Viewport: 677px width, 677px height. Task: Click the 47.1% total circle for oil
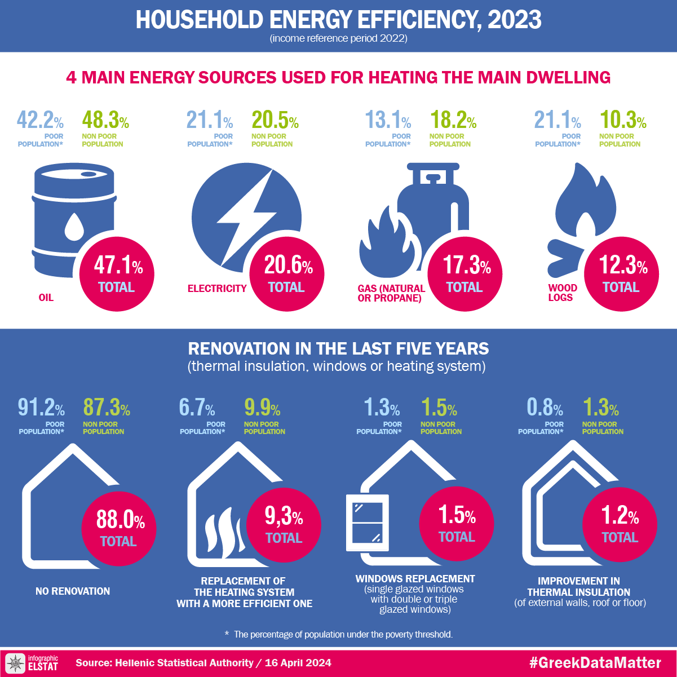[117, 273]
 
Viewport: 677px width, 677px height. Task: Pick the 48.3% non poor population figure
[105, 121]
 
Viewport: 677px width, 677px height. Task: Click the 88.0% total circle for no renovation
[119, 526]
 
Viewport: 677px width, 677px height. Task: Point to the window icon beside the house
[368, 523]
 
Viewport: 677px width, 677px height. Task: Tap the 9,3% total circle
[284, 524]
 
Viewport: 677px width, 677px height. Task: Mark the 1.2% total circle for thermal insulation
[620, 524]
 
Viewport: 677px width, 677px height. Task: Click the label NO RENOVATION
[73, 591]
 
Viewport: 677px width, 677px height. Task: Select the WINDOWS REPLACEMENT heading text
[415, 579]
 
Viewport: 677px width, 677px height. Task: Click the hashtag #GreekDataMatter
[595, 663]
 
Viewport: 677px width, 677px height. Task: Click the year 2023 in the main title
[514, 20]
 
